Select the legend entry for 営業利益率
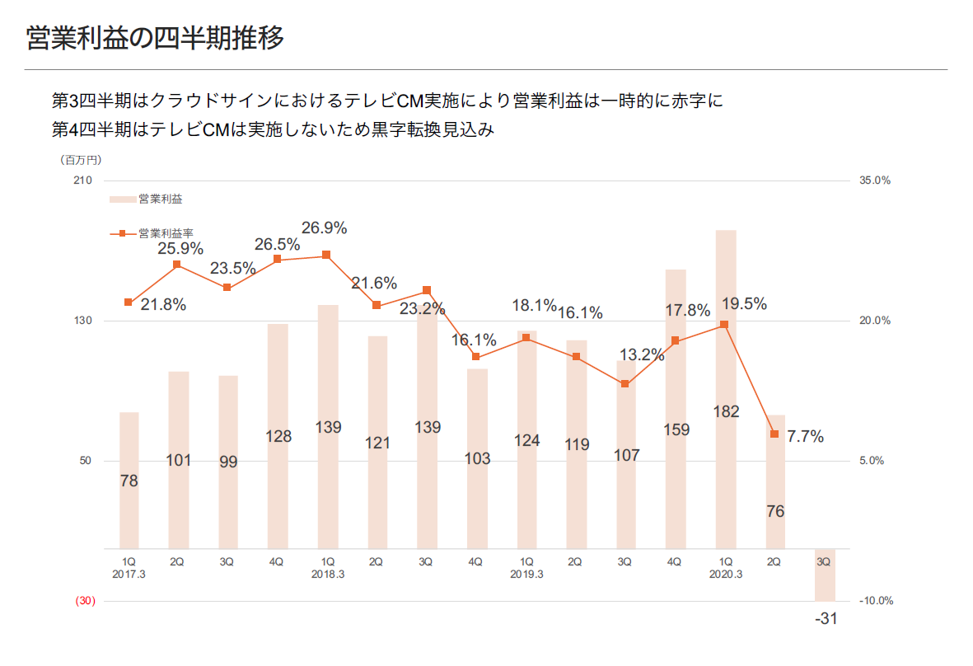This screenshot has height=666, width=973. tap(157, 233)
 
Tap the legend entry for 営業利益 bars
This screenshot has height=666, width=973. tap(148, 199)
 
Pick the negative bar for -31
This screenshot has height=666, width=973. tap(825, 575)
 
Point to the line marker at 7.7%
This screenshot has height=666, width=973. tap(774, 434)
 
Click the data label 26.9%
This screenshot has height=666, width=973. tap(324, 228)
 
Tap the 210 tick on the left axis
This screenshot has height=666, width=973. tap(83, 181)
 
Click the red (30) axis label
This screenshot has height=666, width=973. tap(86, 601)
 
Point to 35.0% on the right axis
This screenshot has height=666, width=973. tap(875, 181)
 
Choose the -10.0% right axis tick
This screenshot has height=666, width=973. tap(876, 601)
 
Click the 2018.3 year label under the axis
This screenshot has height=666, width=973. tap(327, 575)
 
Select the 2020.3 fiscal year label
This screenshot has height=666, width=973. tap(726, 575)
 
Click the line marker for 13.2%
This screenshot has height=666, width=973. tap(625, 384)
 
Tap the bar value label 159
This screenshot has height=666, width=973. tap(676, 429)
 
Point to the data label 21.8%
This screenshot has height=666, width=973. tap(163, 305)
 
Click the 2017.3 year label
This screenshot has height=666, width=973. tap(129, 575)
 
